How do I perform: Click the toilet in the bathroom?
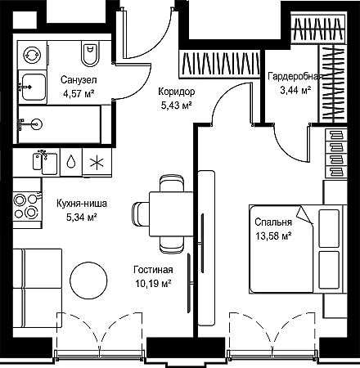(90, 54)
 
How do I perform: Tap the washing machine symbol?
(32, 55)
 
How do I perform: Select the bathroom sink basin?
(34, 88)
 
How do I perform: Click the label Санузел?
(79, 80)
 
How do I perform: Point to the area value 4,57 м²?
(79, 94)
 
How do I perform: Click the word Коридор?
(177, 92)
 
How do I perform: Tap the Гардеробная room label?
(294, 77)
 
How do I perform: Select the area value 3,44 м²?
(295, 90)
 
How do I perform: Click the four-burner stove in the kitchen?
(27, 206)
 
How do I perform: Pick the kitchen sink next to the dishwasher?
(45, 164)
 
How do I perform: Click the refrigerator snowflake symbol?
(97, 163)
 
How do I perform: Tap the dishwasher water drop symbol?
(71, 161)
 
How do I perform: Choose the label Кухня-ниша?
(82, 204)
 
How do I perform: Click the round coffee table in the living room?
(88, 280)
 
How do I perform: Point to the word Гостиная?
(153, 270)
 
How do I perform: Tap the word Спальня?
(273, 222)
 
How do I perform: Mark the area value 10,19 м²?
(153, 284)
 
